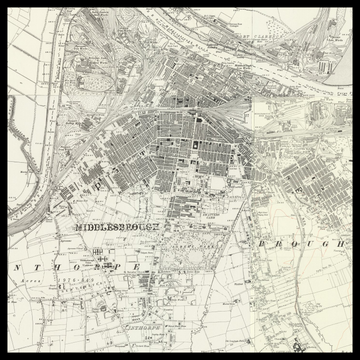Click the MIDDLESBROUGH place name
(117, 227)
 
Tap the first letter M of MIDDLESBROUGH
(78, 227)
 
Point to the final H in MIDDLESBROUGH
(157, 227)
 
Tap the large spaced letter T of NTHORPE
(35, 268)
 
